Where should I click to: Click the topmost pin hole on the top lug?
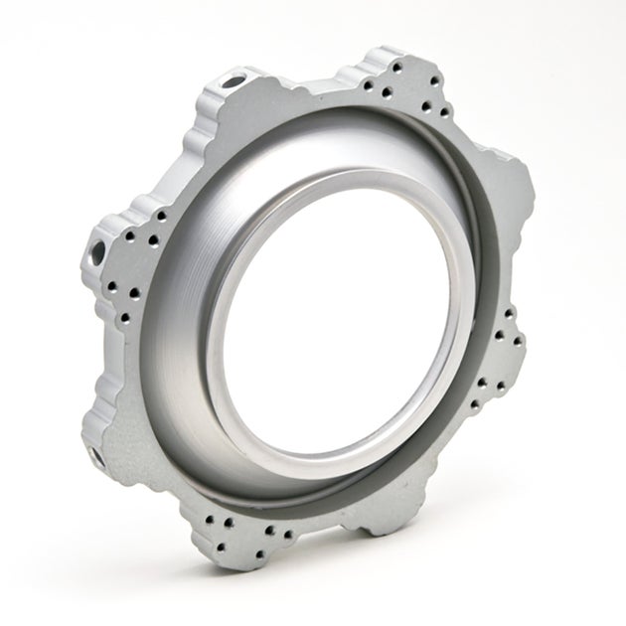coord(397,66)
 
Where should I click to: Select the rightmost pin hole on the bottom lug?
coord(289,534)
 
